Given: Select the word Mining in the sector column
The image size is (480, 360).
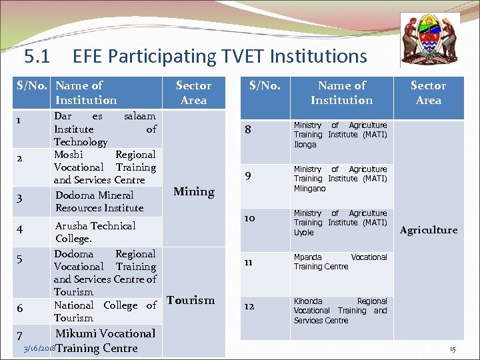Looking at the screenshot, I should click(193, 192).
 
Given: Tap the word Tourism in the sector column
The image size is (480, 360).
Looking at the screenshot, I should click(191, 300).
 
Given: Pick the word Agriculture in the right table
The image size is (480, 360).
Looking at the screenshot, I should click(428, 230).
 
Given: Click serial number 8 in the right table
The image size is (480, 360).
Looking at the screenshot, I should click(248, 130).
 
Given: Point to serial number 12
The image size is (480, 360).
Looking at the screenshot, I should click(249, 307).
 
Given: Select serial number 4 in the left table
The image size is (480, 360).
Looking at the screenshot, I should click(20, 229).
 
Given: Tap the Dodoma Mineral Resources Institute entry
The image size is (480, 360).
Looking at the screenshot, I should click(99, 201).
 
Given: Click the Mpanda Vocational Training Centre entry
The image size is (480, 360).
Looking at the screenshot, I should click(340, 261).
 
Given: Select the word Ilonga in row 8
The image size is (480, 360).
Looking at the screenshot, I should click(305, 145).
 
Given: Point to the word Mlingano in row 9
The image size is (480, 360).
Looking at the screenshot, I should click(309, 189).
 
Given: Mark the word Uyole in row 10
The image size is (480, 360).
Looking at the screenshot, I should click(303, 233).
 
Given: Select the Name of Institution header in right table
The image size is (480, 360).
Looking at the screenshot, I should click(341, 93).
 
